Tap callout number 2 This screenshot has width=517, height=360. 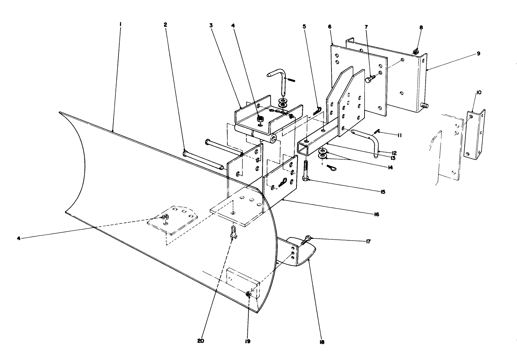click(x=166, y=25)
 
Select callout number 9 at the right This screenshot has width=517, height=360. click(x=478, y=53)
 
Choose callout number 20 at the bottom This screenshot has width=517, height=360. click(x=201, y=340)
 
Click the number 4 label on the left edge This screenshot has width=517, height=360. click(x=19, y=238)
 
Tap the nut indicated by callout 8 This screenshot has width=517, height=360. click(x=416, y=52)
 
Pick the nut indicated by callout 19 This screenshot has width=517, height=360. click(x=248, y=295)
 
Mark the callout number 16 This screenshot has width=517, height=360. click(x=376, y=214)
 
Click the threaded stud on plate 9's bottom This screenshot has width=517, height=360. click(x=425, y=106)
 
